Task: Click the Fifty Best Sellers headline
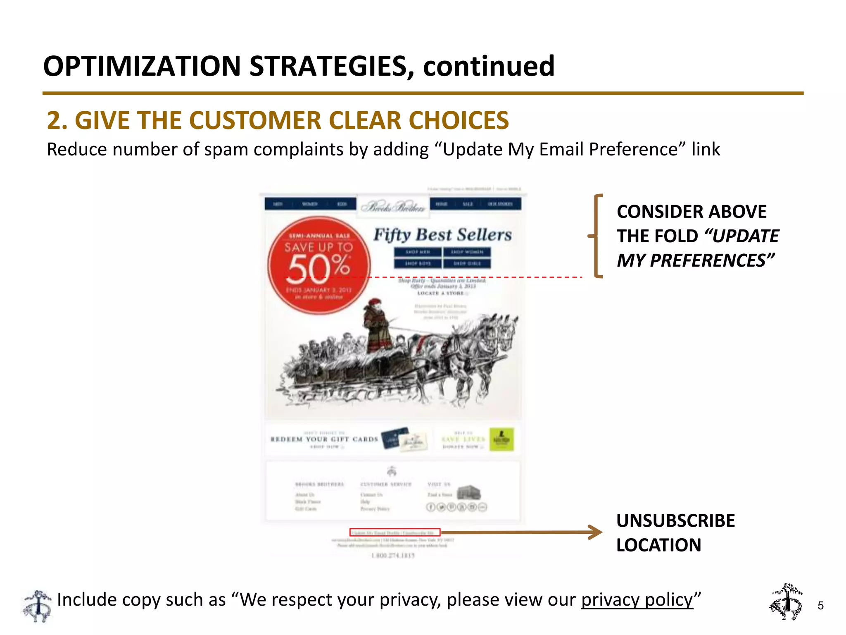click(x=442, y=234)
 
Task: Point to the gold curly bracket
click(x=596, y=236)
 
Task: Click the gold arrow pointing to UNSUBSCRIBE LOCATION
click(x=520, y=532)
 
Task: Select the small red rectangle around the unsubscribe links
click(x=395, y=532)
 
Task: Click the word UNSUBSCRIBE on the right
click(x=675, y=520)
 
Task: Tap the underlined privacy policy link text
click(x=637, y=599)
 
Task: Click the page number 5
click(x=820, y=606)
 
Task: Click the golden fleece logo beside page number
click(x=786, y=602)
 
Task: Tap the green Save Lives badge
click(x=501, y=439)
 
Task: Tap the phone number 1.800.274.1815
click(x=392, y=555)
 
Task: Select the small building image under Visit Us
click(x=469, y=492)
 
